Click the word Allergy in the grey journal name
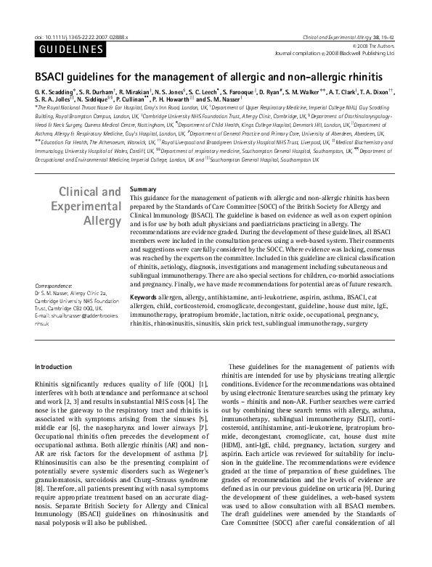point(103,220)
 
